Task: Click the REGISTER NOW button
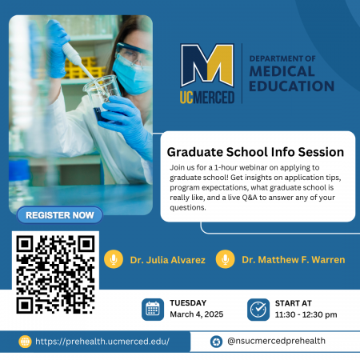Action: (x=60, y=215)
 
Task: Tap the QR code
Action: (x=55, y=274)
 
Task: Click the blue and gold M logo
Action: (x=207, y=66)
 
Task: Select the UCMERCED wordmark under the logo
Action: (x=207, y=97)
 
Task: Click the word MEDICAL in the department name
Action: (x=282, y=71)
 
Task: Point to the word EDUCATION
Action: (x=291, y=86)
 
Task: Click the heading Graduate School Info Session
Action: (x=255, y=152)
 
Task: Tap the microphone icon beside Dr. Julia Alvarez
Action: (x=114, y=259)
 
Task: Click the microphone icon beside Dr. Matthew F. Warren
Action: (x=226, y=259)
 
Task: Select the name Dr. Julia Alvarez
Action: (x=168, y=260)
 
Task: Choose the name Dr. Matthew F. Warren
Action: (x=294, y=260)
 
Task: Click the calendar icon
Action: (x=153, y=310)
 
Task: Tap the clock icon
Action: (x=258, y=310)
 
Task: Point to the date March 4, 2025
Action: (x=197, y=314)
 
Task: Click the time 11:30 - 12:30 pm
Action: (x=306, y=314)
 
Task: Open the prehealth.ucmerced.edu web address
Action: (x=102, y=342)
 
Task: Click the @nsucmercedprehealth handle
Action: (x=276, y=341)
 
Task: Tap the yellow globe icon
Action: (x=25, y=342)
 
